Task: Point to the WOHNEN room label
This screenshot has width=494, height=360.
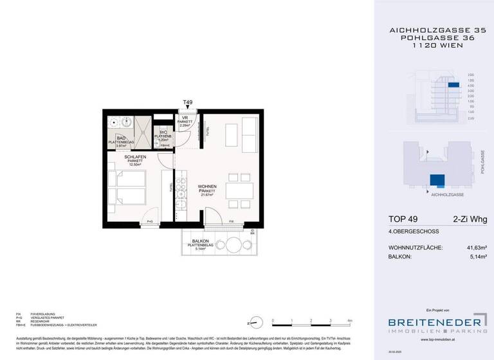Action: (206, 186)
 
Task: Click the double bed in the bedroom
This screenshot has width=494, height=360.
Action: (127, 186)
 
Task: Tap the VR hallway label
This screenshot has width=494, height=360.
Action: (184, 118)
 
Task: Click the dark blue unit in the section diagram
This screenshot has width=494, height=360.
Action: (454, 85)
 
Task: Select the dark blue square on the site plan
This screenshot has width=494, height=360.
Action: (438, 181)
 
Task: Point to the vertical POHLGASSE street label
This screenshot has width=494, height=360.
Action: (482, 161)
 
